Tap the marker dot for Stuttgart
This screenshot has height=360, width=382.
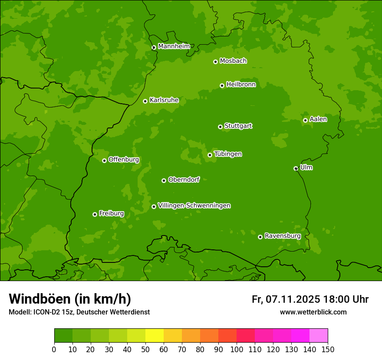(x=220, y=127)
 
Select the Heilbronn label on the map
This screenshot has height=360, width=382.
(x=241, y=85)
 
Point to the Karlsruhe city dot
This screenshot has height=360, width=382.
(x=145, y=101)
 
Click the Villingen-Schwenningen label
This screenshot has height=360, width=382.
(x=194, y=206)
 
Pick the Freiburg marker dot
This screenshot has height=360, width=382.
(x=95, y=214)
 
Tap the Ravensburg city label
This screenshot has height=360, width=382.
(x=283, y=236)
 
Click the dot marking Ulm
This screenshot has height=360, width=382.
(x=296, y=168)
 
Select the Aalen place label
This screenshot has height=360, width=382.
(x=318, y=119)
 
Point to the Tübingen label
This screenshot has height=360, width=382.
(x=228, y=154)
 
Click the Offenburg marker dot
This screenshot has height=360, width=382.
(x=104, y=160)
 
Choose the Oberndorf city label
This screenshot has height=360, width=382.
(x=184, y=180)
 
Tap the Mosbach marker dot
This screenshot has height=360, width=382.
(x=215, y=62)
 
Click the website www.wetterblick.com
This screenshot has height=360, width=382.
(x=313, y=312)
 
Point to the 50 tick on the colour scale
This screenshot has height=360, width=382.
(x=145, y=349)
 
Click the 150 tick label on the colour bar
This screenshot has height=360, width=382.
(x=328, y=349)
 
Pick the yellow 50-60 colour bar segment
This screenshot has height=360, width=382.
(x=155, y=336)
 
